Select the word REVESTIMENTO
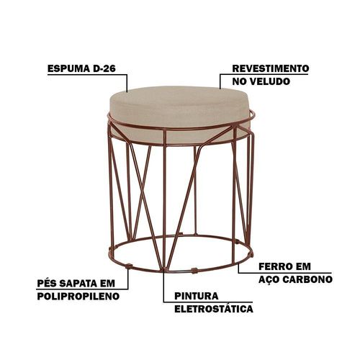(271, 68)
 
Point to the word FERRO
(277, 266)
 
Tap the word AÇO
(269, 279)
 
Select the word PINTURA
(197, 296)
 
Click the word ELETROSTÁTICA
(214, 308)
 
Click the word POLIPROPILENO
(78, 296)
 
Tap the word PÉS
(47, 283)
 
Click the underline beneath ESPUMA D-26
(87, 75)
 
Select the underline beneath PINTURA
(208, 302)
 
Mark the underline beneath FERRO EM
(285, 273)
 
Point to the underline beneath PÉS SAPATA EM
(83, 289)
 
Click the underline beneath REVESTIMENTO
(264, 74)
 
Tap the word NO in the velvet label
(239, 81)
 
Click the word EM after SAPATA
(107, 284)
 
